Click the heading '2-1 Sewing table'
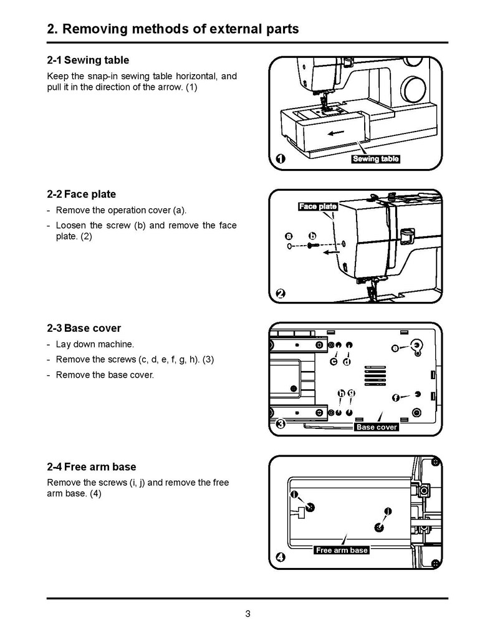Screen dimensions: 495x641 pyautogui.click(x=88, y=60)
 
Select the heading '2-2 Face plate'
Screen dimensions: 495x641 pyautogui.click(x=81, y=194)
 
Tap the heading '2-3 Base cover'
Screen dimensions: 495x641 pyautogui.click(x=84, y=328)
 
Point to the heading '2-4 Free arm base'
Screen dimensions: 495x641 pyautogui.click(x=92, y=467)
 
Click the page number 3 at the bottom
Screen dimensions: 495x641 pyautogui.click(x=247, y=614)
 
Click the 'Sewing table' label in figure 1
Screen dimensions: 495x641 pyautogui.click(x=376, y=158)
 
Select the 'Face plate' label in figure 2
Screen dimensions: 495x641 pyautogui.click(x=317, y=206)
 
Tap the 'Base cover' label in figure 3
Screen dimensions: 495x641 pyautogui.click(x=377, y=427)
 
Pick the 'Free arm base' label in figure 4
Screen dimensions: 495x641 pyautogui.click(x=342, y=550)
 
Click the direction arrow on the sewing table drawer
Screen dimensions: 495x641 pyautogui.click(x=335, y=132)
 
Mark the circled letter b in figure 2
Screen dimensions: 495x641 pyautogui.click(x=312, y=236)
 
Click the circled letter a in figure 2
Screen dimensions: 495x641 pyautogui.click(x=289, y=236)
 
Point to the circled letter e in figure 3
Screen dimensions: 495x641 pyautogui.click(x=395, y=349)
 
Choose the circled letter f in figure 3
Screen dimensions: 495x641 pyautogui.click(x=395, y=398)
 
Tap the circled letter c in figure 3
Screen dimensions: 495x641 pyautogui.click(x=334, y=362)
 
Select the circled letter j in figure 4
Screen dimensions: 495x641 pyautogui.click(x=388, y=511)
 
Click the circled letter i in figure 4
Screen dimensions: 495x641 pyautogui.click(x=294, y=494)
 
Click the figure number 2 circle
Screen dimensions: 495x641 pyautogui.click(x=281, y=294)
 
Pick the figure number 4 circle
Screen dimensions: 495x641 pyautogui.click(x=281, y=557)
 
